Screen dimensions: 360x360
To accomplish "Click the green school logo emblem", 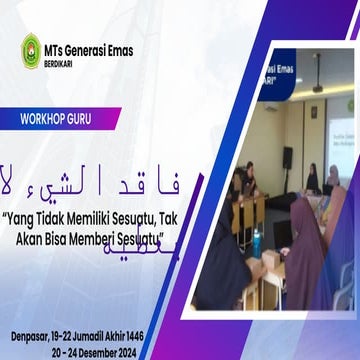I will (31, 51).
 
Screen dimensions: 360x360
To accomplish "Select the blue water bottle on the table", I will (256, 240).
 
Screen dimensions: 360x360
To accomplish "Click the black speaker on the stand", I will (287, 158).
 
